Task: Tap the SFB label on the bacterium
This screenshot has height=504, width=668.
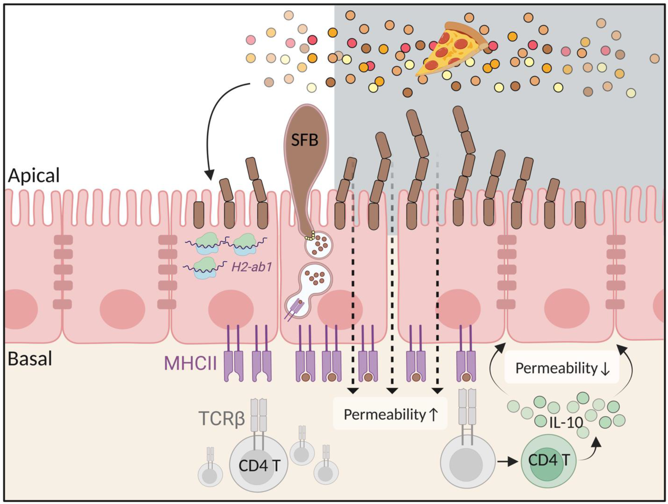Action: coord(305,140)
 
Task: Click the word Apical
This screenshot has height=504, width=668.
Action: coord(34,175)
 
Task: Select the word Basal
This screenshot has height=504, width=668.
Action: coord(30,359)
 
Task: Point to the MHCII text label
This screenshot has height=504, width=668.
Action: coord(190,363)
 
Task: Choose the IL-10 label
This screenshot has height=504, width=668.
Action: coord(566,423)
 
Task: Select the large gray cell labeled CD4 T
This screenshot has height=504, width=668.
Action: coord(259,464)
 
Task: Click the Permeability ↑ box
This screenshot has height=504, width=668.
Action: coord(390,414)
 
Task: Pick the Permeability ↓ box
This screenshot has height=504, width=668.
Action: coord(562,368)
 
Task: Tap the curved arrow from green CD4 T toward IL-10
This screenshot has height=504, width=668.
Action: coord(591,450)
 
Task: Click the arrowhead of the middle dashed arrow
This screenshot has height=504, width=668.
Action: coord(392,391)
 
